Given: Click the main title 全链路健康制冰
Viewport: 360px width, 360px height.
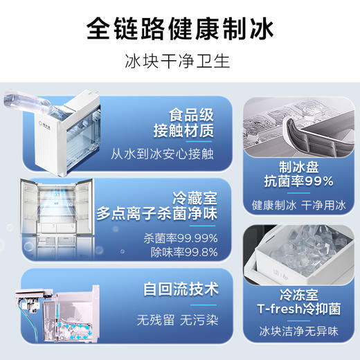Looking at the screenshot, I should [180, 29].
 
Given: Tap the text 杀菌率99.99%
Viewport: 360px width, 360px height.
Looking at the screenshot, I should [181, 238].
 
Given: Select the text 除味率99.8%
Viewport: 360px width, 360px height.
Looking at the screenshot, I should [183, 253].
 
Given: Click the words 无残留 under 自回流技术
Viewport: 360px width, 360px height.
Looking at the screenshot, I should [154, 321].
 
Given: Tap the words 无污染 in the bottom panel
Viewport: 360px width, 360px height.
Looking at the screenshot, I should [199, 321].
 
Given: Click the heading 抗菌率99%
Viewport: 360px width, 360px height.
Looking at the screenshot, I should [299, 181].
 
